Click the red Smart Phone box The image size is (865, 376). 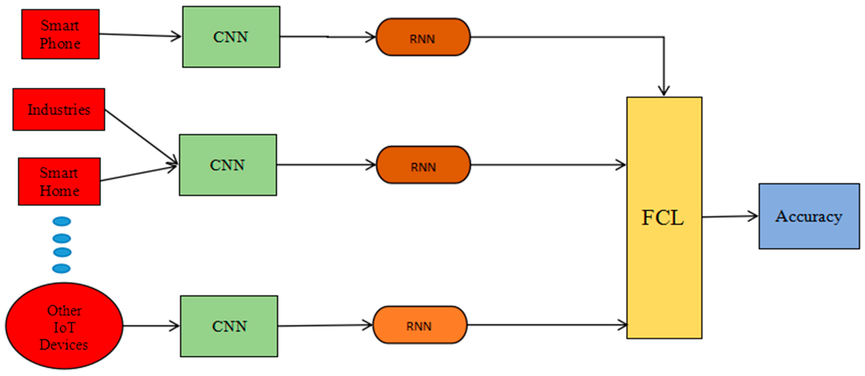pyautogui.click(x=60, y=34)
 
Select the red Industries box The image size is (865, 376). pyautogui.click(x=59, y=109)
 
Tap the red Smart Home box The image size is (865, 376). pyautogui.click(x=60, y=181)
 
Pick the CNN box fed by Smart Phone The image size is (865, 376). pyautogui.click(x=231, y=37)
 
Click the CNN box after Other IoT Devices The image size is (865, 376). pyautogui.click(x=229, y=326)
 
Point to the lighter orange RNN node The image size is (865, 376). pyautogui.click(x=420, y=325)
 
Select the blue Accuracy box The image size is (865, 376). pyautogui.click(x=809, y=216)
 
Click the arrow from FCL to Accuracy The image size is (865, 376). pyautogui.click(x=729, y=217)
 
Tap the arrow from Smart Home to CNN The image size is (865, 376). pyautogui.click(x=138, y=173)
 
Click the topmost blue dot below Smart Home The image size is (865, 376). pyautogui.click(x=62, y=221)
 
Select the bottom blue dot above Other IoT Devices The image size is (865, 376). pyautogui.click(x=62, y=268)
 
